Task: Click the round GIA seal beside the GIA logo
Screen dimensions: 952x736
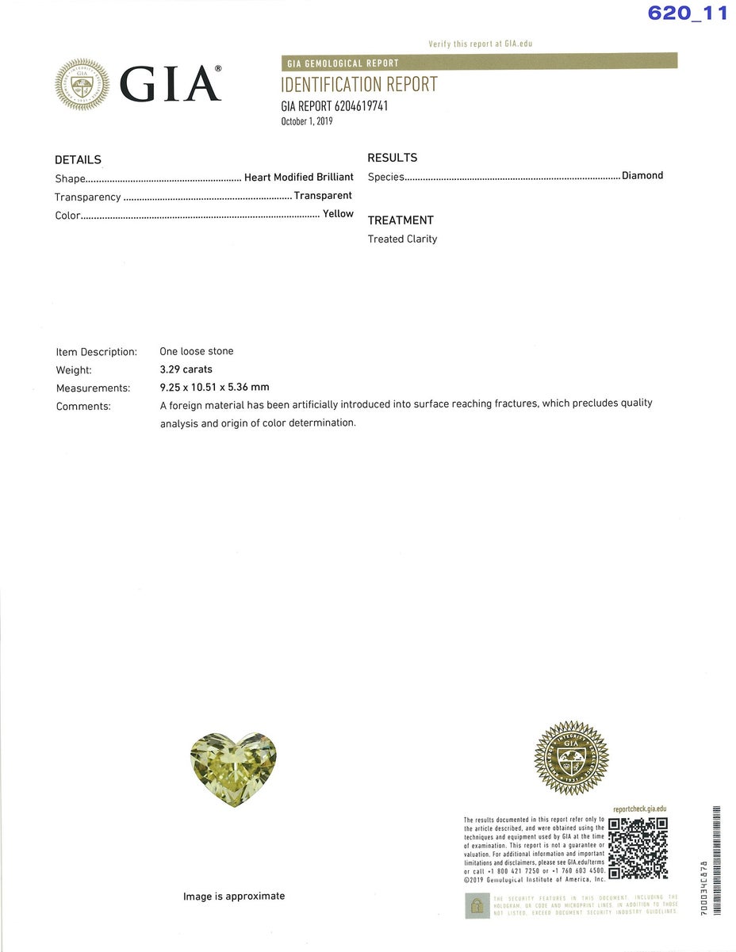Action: (82, 84)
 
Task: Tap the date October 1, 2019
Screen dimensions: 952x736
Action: (307, 121)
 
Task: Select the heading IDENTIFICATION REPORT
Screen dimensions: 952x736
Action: (358, 85)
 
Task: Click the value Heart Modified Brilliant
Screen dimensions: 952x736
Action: (298, 177)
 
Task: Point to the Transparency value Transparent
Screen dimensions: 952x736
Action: (323, 195)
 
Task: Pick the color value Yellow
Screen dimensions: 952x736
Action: (338, 214)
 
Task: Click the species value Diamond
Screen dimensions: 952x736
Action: (642, 175)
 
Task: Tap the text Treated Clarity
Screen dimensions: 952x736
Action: (402, 239)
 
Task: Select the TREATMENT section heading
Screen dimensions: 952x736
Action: (401, 220)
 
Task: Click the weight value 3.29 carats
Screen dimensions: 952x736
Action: (186, 369)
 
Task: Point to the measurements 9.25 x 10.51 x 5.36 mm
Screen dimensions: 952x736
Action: (214, 388)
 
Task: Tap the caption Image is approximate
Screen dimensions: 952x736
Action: (234, 897)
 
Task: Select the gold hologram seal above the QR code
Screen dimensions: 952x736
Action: (571, 758)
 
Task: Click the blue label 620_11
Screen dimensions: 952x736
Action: (687, 13)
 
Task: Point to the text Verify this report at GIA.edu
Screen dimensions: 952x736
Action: (480, 44)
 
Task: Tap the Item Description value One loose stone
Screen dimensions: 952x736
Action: (197, 351)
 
